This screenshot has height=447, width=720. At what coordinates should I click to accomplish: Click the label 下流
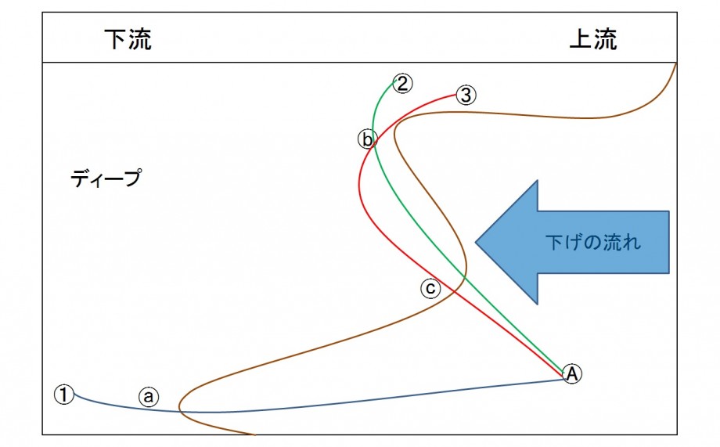coord(128,39)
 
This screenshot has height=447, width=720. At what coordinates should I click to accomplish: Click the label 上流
coord(592,39)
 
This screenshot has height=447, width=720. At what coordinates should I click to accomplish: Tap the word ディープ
coord(106,178)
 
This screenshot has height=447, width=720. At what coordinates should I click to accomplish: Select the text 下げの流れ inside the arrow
coord(592,242)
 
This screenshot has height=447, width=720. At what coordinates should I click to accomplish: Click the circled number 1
coord(64,395)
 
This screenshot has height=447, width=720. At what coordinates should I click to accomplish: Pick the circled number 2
coord(403,84)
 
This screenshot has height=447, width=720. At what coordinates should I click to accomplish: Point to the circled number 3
coord(466,95)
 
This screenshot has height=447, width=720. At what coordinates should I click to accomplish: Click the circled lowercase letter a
coord(149,396)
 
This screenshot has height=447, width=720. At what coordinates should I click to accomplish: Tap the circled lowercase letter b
coord(367,139)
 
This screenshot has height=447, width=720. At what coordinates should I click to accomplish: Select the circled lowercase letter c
coord(430,289)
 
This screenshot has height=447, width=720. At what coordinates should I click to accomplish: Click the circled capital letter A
coord(572,373)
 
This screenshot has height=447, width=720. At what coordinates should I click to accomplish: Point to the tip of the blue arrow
coord(476,242)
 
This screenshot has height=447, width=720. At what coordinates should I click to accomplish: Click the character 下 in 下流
coord(116,39)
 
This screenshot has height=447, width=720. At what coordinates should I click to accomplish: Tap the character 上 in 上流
coord(581,39)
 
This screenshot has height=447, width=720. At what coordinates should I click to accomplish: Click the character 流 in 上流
coord(605,39)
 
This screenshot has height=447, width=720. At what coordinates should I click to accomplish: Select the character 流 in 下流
coord(140,39)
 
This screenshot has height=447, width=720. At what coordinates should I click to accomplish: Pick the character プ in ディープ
coord(132,178)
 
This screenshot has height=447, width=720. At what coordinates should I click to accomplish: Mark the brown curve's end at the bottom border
coord(254,434)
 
